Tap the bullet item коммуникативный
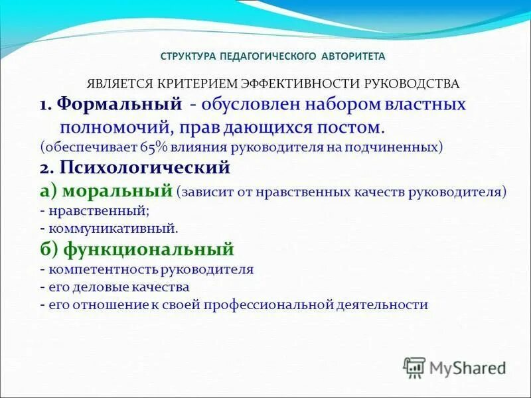[x=112, y=228]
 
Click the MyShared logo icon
[x=415, y=367]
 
